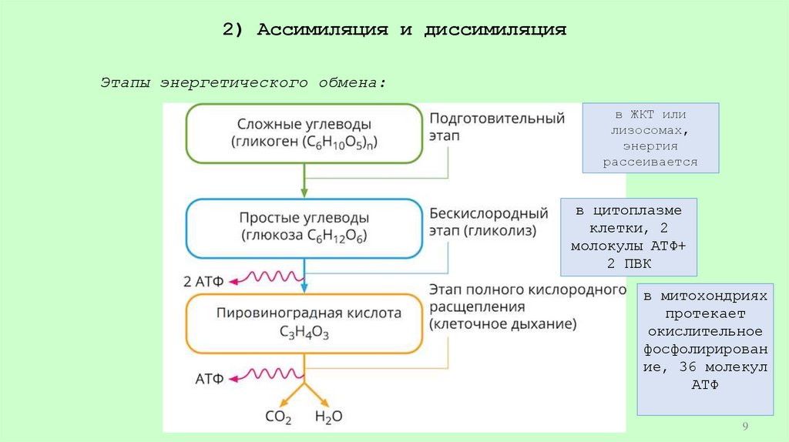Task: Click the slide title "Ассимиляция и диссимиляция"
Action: pos(394,30)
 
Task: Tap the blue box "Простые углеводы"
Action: pos(304,227)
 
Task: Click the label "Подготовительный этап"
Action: pos(496,126)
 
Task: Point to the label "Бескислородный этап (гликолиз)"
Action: pos(489,220)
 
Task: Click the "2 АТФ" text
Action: pos(203,281)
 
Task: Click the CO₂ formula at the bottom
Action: pos(278,417)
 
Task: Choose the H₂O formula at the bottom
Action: pos(329,417)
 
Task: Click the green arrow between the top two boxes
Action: pos(304,181)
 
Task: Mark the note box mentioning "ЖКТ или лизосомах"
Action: pos(650,137)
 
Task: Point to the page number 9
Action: pos(745,427)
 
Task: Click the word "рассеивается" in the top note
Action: pos(650,162)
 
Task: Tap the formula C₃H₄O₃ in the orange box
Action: pos(304,332)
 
